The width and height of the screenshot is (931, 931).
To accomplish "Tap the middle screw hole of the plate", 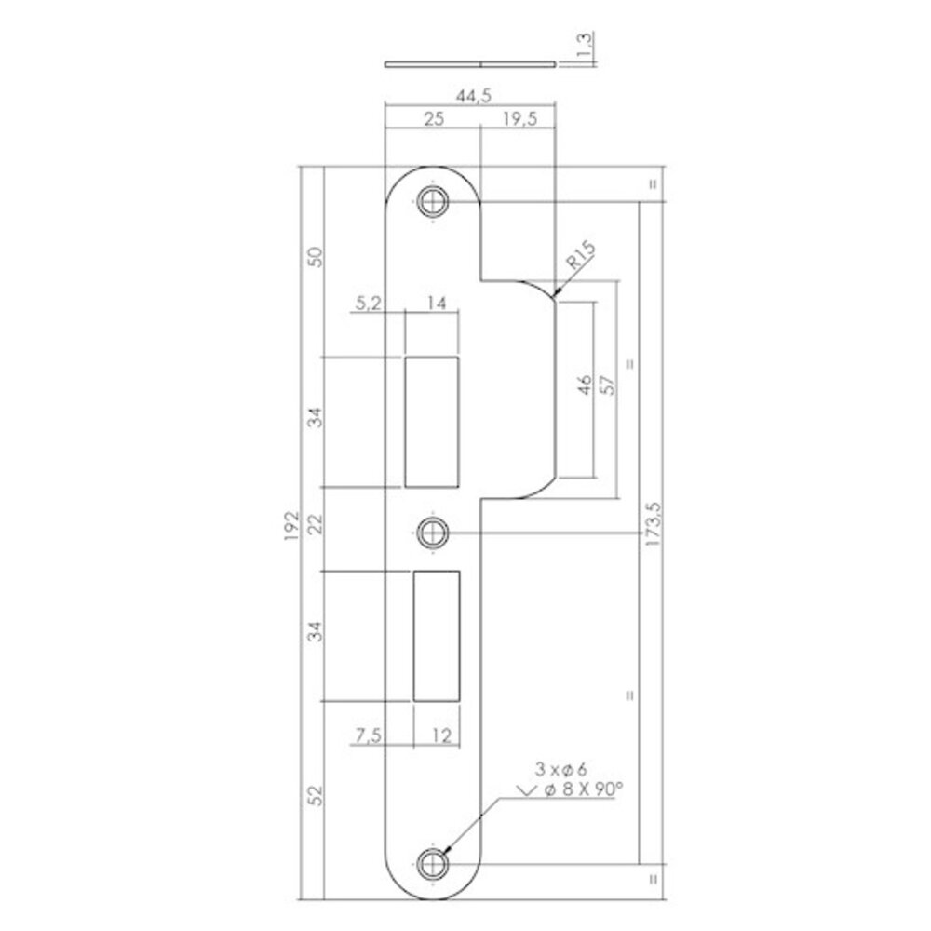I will (x=432, y=533).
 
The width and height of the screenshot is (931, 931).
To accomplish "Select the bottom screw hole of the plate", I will (x=432, y=863).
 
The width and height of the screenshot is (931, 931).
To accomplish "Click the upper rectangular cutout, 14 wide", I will (x=433, y=421).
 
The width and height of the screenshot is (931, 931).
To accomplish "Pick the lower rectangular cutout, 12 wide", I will (x=437, y=635).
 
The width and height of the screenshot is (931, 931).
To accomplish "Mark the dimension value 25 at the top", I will (x=432, y=119).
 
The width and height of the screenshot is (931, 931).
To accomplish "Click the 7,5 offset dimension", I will (x=368, y=736).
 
